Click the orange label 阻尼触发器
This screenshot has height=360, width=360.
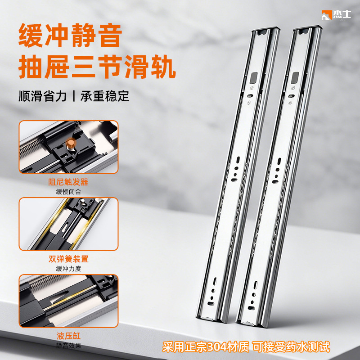(x=68, y=182)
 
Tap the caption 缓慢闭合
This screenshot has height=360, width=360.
(x=68, y=192)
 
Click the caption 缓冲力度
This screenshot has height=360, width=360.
(x=68, y=269)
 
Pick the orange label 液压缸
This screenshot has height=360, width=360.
(x=68, y=336)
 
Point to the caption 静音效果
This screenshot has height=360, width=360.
(x=68, y=346)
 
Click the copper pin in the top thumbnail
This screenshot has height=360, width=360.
(x=71, y=144)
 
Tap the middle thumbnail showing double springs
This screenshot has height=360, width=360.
(x=68, y=224)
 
